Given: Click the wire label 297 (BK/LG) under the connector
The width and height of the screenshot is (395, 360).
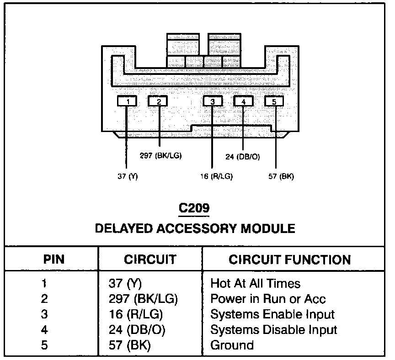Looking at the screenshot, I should pyautogui.click(x=160, y=155).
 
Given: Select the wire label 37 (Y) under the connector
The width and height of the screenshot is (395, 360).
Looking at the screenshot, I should pyautogui.click(x=128, y=176).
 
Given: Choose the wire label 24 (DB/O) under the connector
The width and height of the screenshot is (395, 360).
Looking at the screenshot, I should pyautogui.click(x=243, y=157).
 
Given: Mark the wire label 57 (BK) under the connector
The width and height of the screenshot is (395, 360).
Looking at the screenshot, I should pyautogui.click(x=280, y=176).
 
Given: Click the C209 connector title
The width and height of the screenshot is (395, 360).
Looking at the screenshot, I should pyautogui.click(x=194, y=208).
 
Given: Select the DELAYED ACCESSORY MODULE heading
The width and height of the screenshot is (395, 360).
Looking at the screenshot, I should pyautogui.click(x=195, y=228).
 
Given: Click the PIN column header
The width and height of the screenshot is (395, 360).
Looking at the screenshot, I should pyautogui.click(x=54, y=260).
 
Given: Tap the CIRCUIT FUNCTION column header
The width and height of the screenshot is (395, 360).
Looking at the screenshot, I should pyautogui.click(x=290, y=260).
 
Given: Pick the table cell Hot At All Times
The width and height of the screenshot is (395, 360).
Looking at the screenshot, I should pyautogui.click(x=255, y=284).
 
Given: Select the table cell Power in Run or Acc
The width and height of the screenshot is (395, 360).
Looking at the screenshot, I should pyautogui.click(x=268, y=299).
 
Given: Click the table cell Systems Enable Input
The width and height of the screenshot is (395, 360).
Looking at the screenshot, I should pyautogui.click(x=272, y=314).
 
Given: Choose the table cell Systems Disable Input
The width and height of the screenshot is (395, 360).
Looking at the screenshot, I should pyautogui.click(x=273, y=329).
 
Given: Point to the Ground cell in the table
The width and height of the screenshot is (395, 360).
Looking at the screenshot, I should pyautogui.click(x=232, y=345).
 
